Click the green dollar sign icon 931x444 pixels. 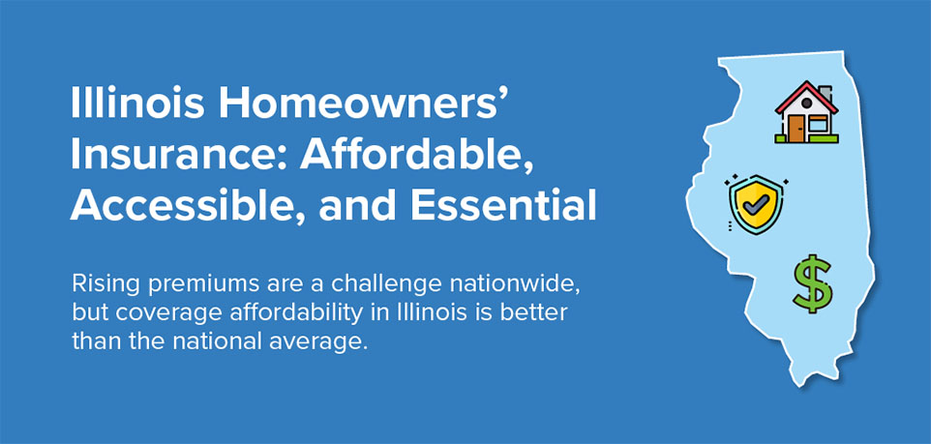tap(812, 283)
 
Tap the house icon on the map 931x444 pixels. tap(806, 112)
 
